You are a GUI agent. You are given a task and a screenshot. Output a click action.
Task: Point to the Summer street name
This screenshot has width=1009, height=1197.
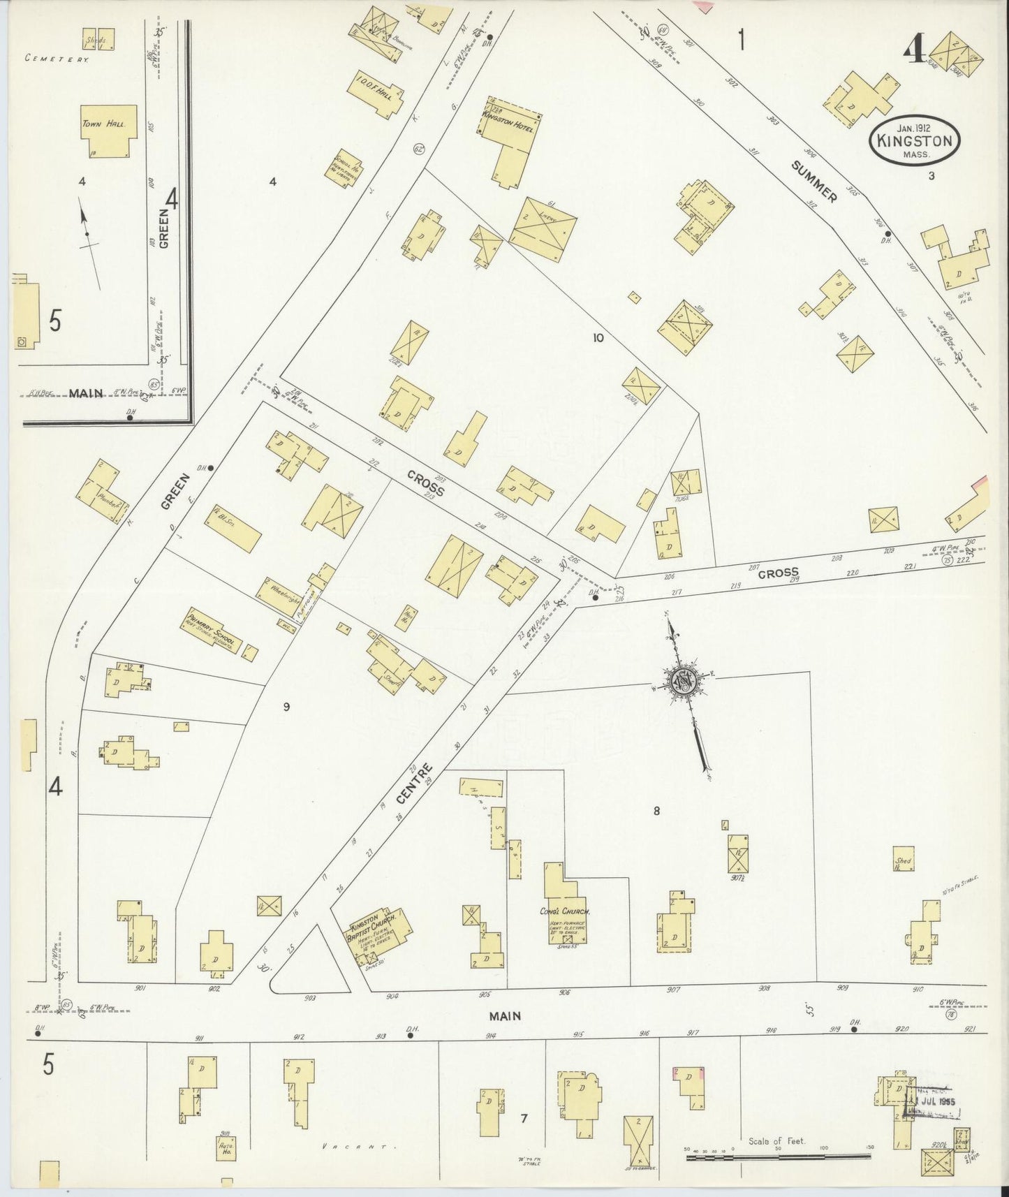pyautogui.click(x=814, y=181)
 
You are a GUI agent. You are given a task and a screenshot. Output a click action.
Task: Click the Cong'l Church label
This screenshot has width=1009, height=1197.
pyautogui.click(x=565, y=911)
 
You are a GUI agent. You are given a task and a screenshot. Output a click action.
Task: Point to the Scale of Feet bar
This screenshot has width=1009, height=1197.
pyautogui.click(x=779, y=1157)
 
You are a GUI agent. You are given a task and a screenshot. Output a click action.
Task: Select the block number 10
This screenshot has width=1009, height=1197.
pyautogui.click(x=598, y=338)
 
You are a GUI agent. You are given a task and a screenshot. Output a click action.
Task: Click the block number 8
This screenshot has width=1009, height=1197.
pyautogui.click(x=656, y=811)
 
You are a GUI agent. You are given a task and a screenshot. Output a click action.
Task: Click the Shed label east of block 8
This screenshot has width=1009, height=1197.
pyautogui.click(x=903, y=862)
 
